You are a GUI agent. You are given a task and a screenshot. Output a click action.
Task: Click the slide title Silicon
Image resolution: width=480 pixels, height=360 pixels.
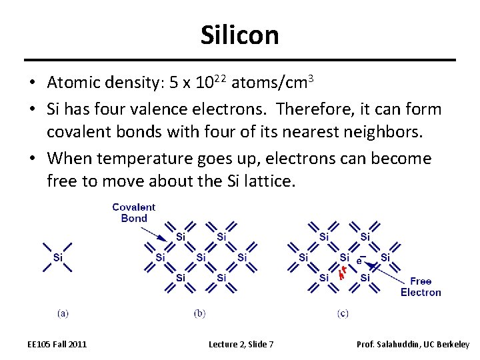pos(239,35)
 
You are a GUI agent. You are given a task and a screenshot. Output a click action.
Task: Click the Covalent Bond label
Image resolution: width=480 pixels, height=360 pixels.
pos(133,213)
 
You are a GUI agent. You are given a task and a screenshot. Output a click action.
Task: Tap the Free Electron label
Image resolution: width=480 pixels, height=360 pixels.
pos(421,287)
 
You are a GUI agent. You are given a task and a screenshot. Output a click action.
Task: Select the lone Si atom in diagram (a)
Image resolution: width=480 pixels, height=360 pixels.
pos(58,257)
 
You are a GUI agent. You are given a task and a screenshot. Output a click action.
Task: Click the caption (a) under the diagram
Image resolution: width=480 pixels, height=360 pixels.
pos(63,313)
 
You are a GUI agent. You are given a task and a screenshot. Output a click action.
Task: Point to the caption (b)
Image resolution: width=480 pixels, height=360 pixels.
pos(199,313)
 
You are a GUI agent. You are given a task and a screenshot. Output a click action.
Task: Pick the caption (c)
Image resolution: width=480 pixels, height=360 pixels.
pos(343,313)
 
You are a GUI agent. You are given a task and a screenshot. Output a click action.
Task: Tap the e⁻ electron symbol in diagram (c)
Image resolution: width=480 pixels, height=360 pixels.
pos(361,259)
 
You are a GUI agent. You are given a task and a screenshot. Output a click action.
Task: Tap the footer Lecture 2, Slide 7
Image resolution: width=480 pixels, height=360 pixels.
pos(241,344)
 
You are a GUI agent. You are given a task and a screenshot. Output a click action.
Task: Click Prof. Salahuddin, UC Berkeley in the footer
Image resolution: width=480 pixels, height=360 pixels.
pos(413,344)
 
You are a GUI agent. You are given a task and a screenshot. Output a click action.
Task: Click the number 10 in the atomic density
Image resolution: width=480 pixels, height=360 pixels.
pos(206,83)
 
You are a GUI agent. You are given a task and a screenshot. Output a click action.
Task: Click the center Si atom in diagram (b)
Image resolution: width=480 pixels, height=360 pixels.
pos(201,257)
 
